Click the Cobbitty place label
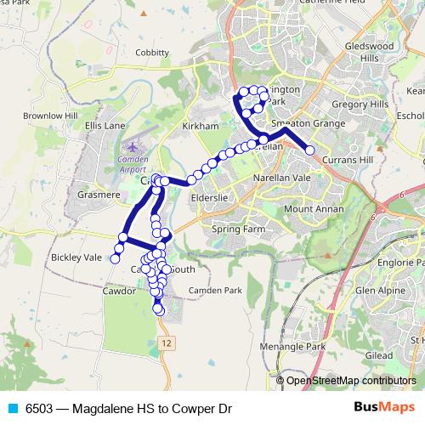click(x=151, y=53)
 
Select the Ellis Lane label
click(x=105, y=125)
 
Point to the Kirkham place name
click(x=201, y=125)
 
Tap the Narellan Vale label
click(x=282, y=178)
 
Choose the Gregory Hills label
click(x=360, y=103)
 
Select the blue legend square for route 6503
click(x=13, y=408)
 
